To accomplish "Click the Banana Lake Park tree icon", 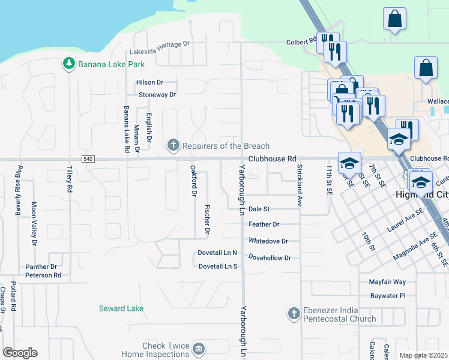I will pos(69,63).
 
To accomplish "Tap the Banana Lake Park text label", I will pos(107,63).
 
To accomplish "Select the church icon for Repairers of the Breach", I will pos(173,145).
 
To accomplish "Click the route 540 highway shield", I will pos(88,159).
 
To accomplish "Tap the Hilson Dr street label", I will pos(149,82).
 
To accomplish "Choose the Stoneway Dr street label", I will pos(157,95).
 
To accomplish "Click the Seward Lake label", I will pos(121,308).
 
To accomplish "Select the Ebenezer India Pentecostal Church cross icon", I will pos(294,313).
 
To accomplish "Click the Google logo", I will pos(20,353).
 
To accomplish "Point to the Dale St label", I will pos(259,209).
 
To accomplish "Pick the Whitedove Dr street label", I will pos(268,241).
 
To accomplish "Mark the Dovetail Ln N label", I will pos(218,253).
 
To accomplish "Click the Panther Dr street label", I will pos(41,266).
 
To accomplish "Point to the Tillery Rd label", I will pos(70,179).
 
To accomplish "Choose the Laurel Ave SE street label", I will pos(405,219).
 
